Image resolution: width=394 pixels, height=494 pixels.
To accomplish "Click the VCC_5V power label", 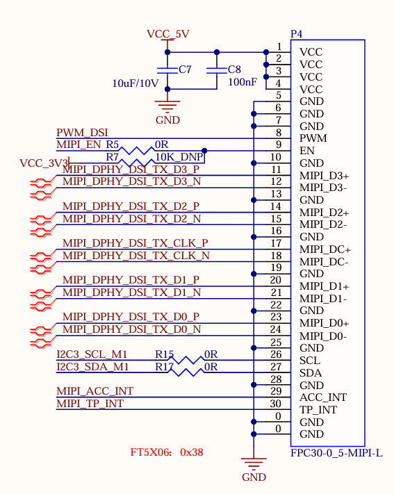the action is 167,34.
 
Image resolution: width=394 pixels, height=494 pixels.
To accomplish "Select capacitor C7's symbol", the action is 167,70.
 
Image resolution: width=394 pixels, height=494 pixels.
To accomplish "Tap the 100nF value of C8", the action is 243,82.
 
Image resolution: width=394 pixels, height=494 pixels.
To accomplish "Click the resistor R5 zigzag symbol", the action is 137,151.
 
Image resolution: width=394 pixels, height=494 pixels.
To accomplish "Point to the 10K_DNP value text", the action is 179,157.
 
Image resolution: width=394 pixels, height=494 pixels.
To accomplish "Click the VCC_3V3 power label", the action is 44,163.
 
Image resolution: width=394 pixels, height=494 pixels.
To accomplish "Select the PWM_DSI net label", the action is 82,133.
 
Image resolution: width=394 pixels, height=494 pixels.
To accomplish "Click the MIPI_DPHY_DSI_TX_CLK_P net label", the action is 136,243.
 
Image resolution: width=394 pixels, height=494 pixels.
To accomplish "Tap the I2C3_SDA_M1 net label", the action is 92,367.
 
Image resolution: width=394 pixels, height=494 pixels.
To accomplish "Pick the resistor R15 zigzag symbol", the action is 186,360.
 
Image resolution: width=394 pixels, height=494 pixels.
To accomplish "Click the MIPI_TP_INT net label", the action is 90,404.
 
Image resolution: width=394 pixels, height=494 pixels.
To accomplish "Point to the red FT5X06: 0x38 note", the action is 167,452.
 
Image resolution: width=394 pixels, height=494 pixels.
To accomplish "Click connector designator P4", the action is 296,34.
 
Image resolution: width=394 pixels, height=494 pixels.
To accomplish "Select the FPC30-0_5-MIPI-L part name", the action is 336,453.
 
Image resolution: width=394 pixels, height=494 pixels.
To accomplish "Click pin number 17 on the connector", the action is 276,243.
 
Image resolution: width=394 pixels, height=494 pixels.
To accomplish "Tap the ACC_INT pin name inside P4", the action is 323,397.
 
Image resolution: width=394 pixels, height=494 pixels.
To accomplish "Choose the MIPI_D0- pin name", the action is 323,336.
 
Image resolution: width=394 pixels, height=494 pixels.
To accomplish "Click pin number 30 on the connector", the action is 275,404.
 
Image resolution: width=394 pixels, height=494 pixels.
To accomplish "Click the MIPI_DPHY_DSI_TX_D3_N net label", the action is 131,182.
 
